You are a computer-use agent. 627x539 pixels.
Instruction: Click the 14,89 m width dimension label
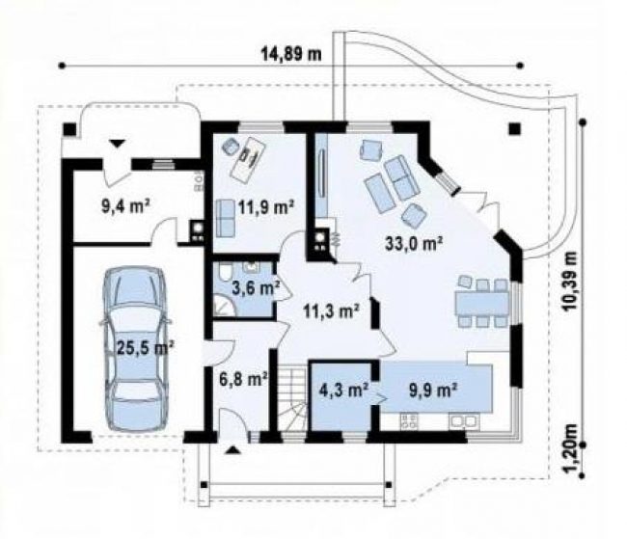[291, 54]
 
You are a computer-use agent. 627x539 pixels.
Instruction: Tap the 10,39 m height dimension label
[570, 282]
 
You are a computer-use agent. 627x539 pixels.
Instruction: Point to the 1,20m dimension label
[572, 448]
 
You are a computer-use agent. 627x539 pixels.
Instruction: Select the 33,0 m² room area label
[414, 244]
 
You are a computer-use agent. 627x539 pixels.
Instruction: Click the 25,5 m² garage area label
[145, 347]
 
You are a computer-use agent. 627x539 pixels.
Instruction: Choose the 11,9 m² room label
[266, 207]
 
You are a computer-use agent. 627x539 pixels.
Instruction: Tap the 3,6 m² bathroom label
[256, 288]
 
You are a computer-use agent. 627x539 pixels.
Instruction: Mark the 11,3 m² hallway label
[331, 311]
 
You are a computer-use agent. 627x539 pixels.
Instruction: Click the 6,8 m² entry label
[243, 378]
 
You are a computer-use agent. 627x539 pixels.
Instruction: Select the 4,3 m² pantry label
[343, 390]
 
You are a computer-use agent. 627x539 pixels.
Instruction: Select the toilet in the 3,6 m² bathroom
[225, 272]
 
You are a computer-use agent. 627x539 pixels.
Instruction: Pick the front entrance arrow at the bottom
[232, 450]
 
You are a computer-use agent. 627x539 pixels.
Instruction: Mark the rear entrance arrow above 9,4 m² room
[118, 143]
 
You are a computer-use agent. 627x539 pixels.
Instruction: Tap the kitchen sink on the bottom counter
[464, 421]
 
